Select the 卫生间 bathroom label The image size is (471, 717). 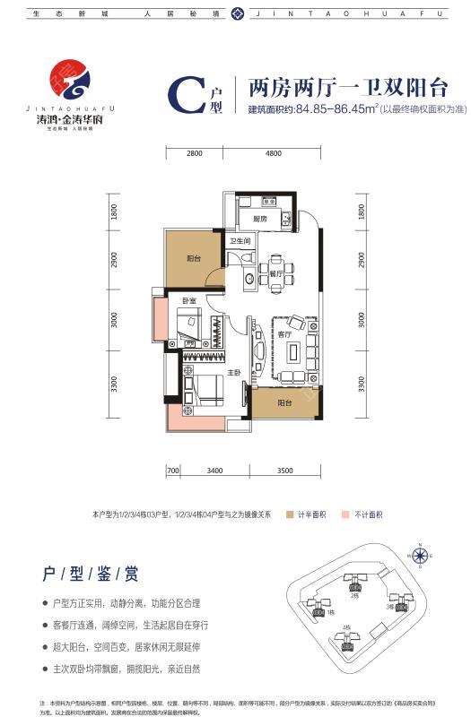(239, 241)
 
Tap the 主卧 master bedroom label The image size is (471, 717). (232, 373)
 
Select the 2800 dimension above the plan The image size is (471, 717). (196, 153)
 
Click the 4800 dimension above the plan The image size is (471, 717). (274, 153)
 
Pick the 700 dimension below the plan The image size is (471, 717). (173, 469)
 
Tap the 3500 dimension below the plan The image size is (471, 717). (285, 469)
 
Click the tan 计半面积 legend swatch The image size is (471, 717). (291, 515)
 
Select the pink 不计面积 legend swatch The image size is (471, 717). (348, 515)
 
